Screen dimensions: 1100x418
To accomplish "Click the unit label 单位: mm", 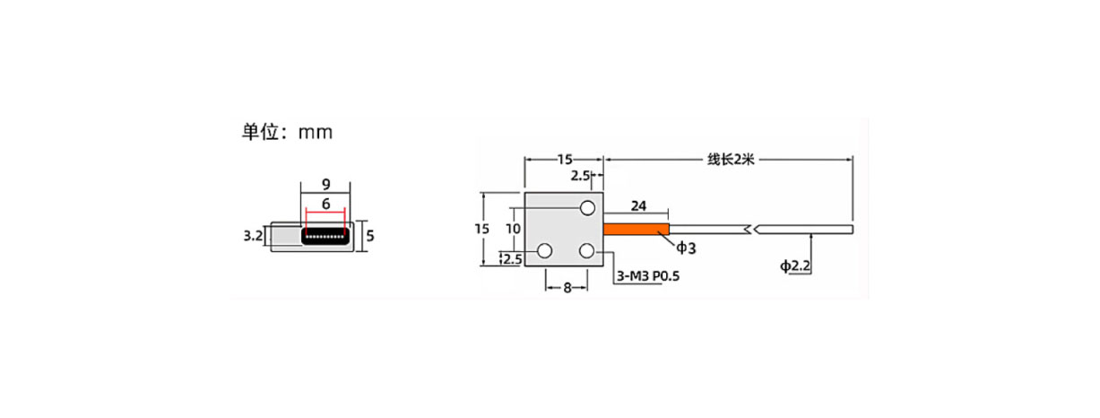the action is click(287, 132).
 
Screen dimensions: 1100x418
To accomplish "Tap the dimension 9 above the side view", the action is click(325, 185).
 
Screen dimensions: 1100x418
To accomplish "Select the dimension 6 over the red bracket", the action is click(325, 204).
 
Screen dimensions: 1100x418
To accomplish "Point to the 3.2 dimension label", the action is click(253, 236).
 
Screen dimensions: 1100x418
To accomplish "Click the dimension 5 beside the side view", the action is click(370, 236).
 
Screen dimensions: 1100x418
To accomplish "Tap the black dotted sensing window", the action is click(325, 237).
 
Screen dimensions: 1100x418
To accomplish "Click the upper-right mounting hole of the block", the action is click(587, 208).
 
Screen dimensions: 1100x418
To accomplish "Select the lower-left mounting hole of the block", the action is click(544, 251).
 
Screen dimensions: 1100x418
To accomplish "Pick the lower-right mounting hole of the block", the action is click(587, 251).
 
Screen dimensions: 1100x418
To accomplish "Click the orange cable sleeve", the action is click(637, 229).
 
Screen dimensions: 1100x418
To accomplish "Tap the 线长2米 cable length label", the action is click(731, 160).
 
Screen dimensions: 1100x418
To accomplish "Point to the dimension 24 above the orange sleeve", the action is click(638, 206).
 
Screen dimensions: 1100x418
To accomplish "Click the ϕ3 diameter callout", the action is click(686, 248).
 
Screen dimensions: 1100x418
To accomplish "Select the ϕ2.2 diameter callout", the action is click(795, 266).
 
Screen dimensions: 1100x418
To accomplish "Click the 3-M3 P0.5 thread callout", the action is click(648, 276).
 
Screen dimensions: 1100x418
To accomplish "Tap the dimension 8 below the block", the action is click(567, 288).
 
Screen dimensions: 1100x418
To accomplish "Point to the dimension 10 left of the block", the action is click(513, 229).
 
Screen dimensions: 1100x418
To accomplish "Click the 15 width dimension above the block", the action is click(565, 160).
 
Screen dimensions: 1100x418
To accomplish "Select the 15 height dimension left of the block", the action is click(481, 229).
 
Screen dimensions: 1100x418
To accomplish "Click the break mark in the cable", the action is click(751, 230).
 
